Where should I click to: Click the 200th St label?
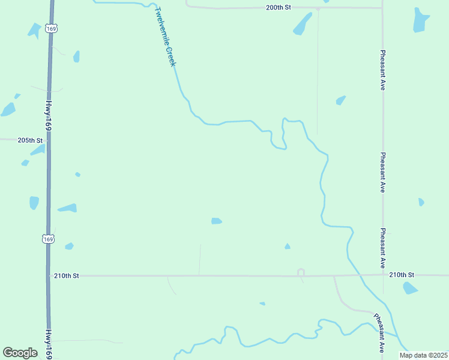coord(279,8)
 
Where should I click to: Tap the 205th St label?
coord(30,140)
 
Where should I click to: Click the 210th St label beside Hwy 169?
coord(67,276)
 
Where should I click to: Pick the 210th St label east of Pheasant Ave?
coord(402,275)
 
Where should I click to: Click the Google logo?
coord(20,353)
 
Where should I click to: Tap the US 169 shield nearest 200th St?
coord(52,29)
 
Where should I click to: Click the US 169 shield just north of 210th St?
coord(49,238)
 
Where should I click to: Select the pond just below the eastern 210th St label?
coord(410,288)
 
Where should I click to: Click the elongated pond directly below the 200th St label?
coord(302,24)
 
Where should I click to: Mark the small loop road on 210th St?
coord(301,273)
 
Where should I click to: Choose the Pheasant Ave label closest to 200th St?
coord(382,70)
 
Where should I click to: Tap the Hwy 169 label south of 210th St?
coord(48,344)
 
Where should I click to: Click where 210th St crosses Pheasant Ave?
coord(383,275)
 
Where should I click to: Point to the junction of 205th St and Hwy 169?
coord(47,140)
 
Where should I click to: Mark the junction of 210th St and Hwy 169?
coord(49,276)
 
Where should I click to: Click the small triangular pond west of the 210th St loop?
coord(288,246)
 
